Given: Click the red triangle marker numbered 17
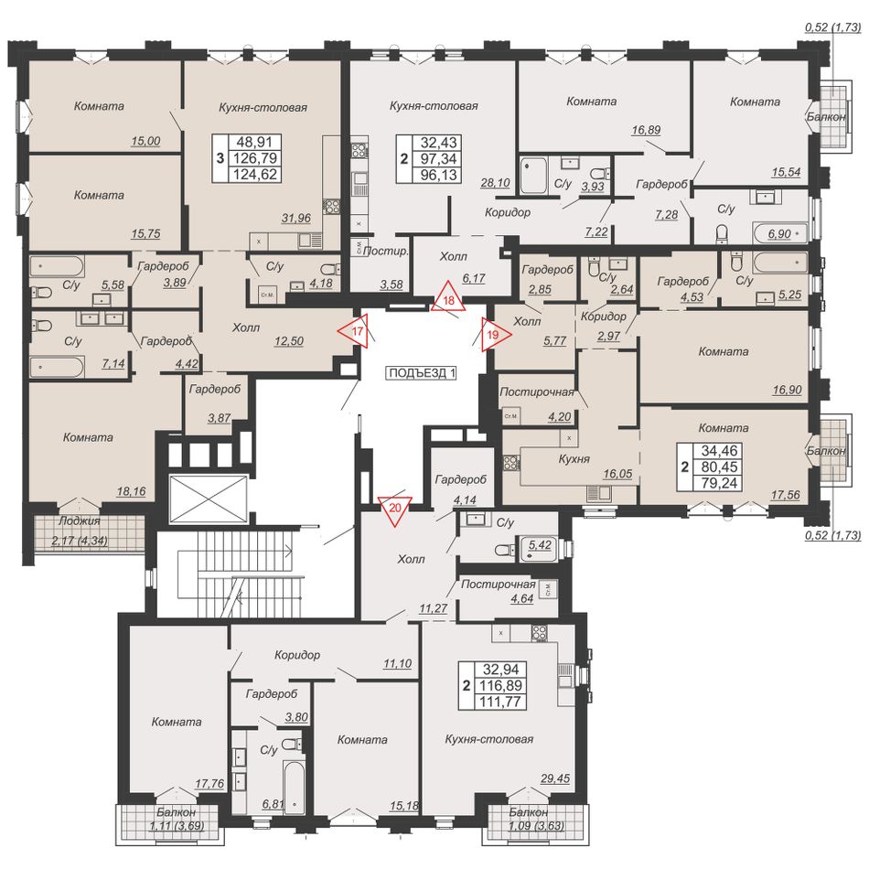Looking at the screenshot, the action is (x=357, y=331).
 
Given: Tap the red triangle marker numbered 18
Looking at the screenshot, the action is (x=449, y=297).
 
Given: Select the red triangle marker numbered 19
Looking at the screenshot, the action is (x=493, y=335).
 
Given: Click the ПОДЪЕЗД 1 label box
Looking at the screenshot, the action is (x=422, y=373).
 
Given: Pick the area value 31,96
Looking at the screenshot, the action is (x=296, y=219).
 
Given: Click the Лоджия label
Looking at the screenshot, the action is (x=80, y=521).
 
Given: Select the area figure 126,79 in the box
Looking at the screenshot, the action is (x=255, y=158).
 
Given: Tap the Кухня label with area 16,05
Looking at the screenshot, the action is (x=574, y=459).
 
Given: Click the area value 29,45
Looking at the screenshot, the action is (x=554, y=778).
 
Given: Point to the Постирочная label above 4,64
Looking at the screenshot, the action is (x=499, y=585).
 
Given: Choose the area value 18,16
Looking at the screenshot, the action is (x=132, y=491).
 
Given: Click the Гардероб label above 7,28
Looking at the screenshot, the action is (x=661, y=184).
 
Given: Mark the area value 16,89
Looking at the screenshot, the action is (x=646, y=130).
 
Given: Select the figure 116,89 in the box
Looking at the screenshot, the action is (x=501, y=685).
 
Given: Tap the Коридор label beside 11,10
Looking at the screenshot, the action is (x=297, y=655).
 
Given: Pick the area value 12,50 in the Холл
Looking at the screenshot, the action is (x=289, y=341).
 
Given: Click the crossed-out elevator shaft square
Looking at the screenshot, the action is (x=208, y=499).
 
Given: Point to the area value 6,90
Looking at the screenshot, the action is (x=779, y=234).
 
